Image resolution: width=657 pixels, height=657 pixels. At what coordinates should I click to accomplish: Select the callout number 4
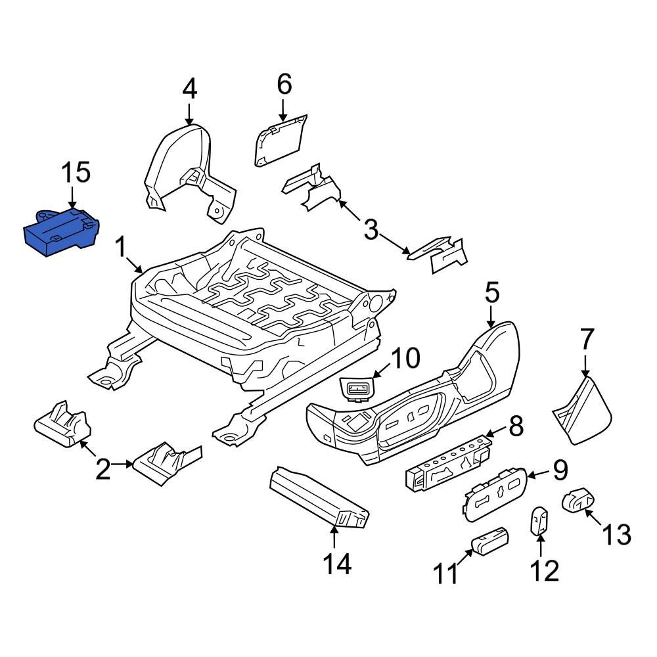click(189, 89)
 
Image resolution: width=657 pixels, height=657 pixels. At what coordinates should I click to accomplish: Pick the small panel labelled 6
click(279, 139)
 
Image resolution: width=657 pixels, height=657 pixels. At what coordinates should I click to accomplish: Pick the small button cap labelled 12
click(539, 522)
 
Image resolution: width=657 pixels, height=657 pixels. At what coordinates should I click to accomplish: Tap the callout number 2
click(103, 469)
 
